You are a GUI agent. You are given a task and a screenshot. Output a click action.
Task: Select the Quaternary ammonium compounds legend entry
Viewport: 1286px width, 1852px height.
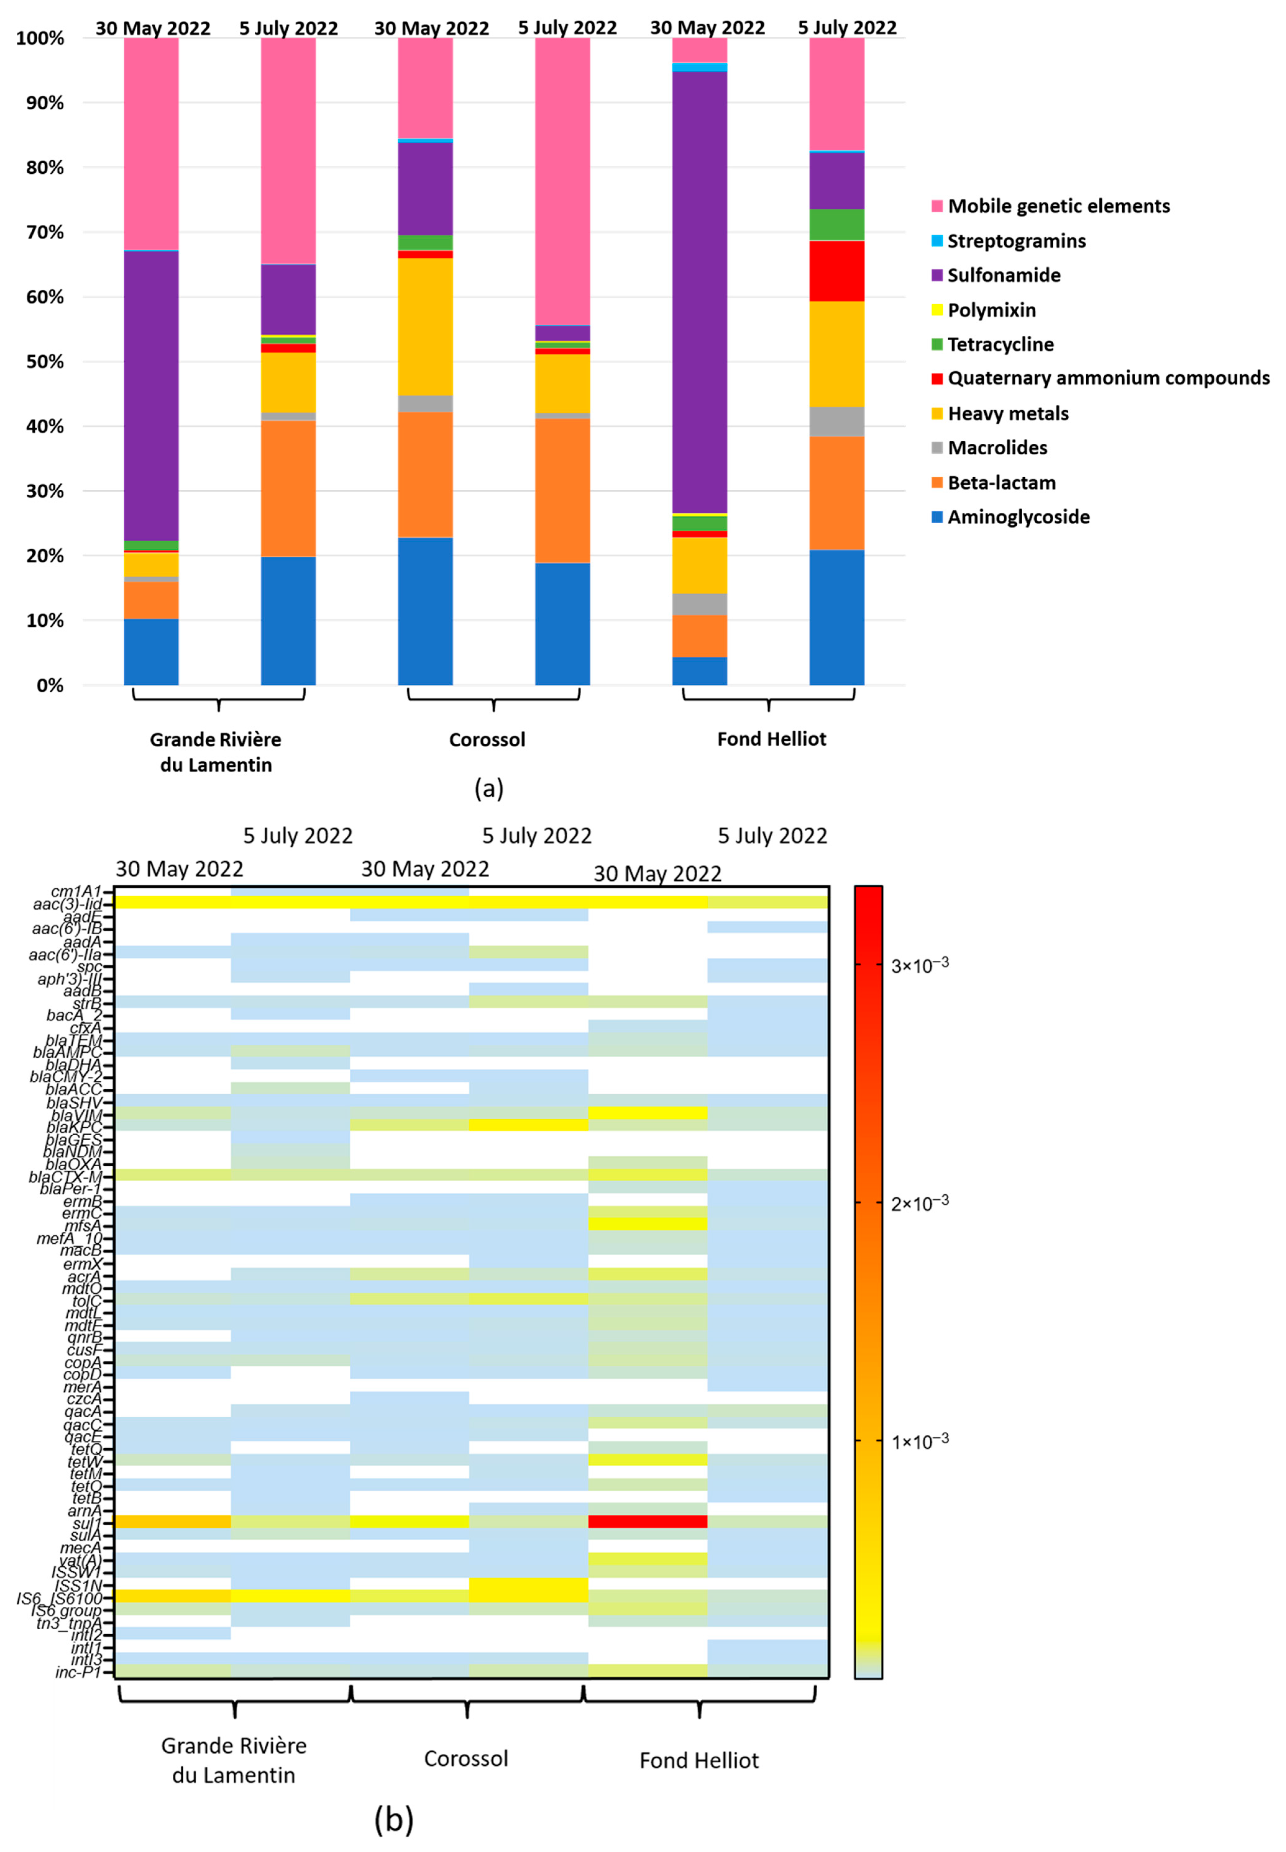pos(1108,378)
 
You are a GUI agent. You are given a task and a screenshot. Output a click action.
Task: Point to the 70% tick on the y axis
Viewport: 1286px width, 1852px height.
pos(40,232)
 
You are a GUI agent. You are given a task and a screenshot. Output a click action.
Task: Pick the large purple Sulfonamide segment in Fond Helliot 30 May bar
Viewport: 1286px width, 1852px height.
pos(700,290)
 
